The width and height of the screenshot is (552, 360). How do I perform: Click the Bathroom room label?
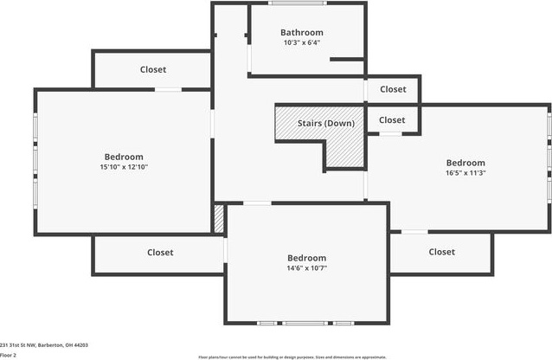301,33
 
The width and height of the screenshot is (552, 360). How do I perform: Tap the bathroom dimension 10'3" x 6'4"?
301,42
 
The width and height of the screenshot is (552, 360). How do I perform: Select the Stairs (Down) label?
325,123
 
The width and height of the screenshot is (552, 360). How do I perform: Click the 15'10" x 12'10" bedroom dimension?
124,167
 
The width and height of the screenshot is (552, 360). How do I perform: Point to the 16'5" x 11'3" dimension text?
465,172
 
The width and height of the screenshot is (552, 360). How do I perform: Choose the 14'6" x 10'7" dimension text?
306,267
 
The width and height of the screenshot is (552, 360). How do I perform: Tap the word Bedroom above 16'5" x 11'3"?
465,163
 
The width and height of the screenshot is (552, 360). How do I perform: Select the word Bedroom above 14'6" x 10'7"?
306,258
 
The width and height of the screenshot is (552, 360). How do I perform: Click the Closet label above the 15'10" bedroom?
153,69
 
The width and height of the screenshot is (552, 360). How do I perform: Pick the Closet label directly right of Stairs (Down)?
391,120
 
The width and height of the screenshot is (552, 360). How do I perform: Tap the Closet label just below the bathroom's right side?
392,89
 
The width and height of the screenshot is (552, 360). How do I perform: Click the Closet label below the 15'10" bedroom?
160,253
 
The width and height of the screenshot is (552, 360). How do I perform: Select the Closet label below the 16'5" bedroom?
441,252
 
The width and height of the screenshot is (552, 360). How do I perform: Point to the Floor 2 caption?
8,355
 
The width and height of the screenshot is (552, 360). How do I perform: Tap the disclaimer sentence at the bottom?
291,357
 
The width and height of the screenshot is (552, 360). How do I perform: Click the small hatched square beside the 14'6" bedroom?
219,219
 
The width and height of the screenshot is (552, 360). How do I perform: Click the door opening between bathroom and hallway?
249,56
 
